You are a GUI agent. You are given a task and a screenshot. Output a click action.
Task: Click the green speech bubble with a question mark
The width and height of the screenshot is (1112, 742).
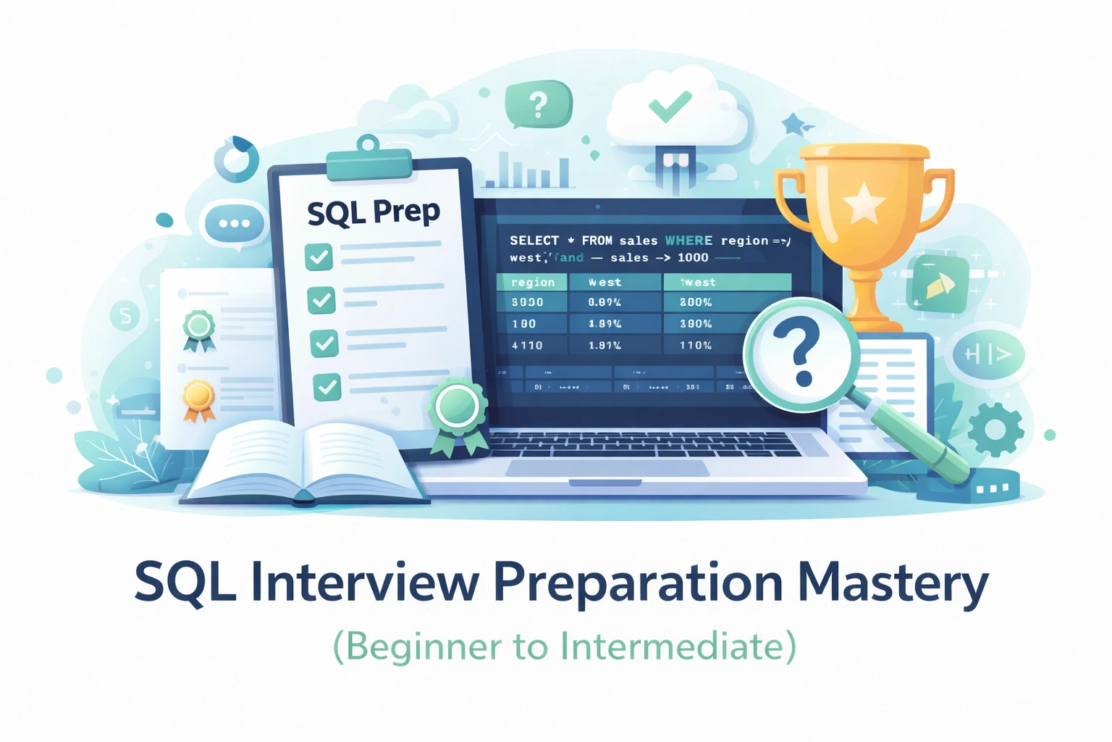(x=539, y=105)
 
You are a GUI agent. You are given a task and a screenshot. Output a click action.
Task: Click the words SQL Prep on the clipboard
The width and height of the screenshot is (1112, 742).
(x=373, y=212)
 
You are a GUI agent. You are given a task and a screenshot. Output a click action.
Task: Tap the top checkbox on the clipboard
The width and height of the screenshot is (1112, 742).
(x=319, y=257)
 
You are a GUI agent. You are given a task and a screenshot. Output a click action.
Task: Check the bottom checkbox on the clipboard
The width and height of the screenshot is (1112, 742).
(x=327, y=386)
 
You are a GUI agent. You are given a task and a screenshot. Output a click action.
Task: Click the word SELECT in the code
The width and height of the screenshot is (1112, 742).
(x=534, y=241)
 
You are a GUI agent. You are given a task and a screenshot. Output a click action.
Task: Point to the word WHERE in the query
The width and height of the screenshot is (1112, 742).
(x=688, y=241)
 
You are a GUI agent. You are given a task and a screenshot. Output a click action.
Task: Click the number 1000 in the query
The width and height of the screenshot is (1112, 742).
(x=693, y=258)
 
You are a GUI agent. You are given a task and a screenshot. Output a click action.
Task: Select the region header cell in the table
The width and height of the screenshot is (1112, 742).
(x=532, y=283)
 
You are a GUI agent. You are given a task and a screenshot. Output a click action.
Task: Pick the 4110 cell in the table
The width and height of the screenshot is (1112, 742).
(x=527, y=346)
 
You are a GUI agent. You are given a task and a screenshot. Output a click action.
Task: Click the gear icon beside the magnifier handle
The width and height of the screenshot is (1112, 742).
(x=995, y=429)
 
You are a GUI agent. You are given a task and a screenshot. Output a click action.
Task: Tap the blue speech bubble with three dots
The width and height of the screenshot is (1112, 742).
(x=235, y=224)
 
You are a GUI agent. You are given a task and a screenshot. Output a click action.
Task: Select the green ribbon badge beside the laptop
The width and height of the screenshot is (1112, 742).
(x=458, y=409)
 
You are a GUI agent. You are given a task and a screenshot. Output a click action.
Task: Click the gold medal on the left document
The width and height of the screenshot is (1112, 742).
(x=198, y=397)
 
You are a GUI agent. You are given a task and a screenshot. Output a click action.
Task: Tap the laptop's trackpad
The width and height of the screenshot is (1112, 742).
(x=607, y=468)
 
